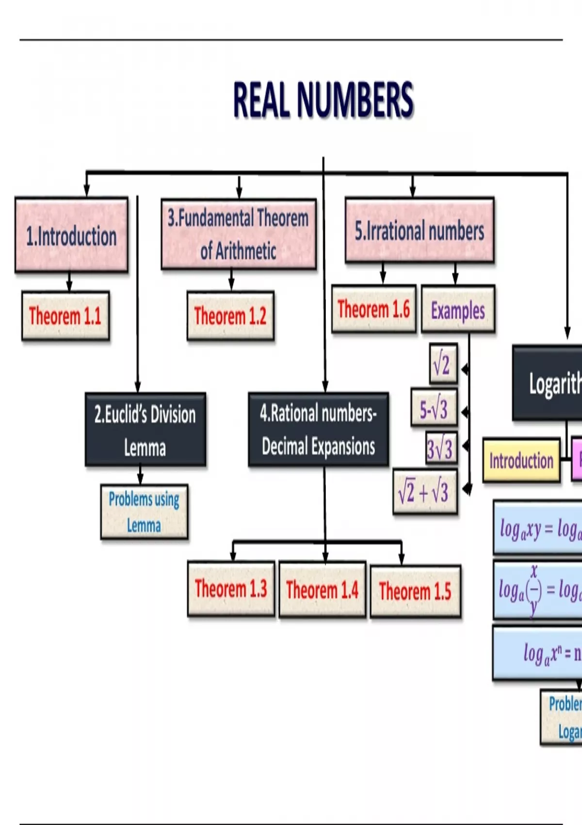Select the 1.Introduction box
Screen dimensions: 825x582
[72, 235]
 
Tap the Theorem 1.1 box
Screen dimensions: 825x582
[65, 316]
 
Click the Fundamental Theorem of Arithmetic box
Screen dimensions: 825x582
[239, 234]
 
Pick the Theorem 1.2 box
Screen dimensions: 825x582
[230, 316]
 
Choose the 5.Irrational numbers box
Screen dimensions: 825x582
[420, 231]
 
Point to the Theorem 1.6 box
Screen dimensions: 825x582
[374, 309]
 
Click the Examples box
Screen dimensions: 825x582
[458, 310]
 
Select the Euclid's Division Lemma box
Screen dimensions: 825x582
[145, 430]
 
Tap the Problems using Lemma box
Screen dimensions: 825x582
[144, 512]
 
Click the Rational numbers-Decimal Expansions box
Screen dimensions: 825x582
[318, 429]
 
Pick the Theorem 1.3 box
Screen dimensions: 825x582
[231, 589]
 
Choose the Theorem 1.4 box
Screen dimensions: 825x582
[322, 590]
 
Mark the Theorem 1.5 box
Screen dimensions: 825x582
[415, 591]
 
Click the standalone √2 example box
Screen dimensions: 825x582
[443, 363]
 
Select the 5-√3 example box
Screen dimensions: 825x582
[434, 408]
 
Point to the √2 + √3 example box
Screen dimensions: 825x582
[425, 492]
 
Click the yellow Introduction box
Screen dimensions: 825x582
[521, 460]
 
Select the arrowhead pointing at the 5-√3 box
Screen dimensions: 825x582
[465, 412]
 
